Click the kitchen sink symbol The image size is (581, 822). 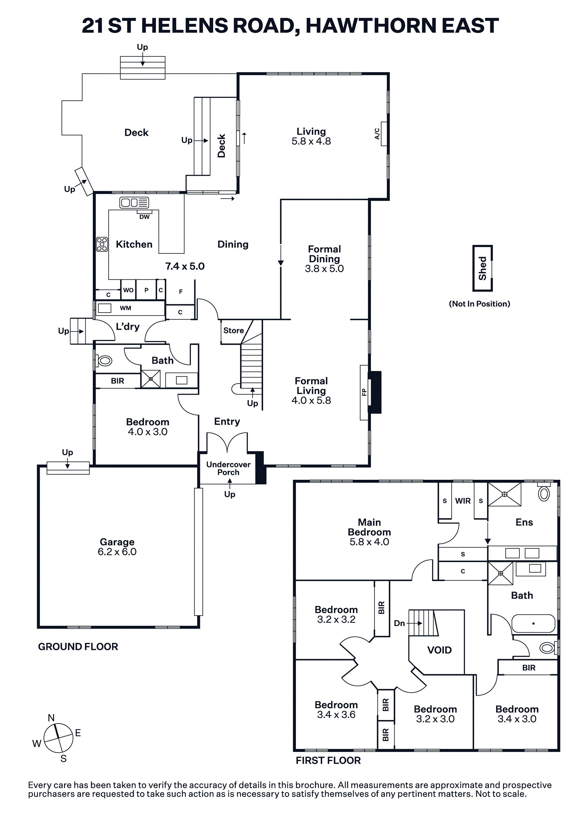click(x=134, y=203)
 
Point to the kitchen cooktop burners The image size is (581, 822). click(x=102, y=244)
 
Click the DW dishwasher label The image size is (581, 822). click(x=144, y=217)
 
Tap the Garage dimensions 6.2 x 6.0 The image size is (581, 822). click(x=117, y=552)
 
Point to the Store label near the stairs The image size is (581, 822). click(x=234, y=330)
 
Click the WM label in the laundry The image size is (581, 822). click(x=125, y=308)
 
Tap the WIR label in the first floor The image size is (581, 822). click(x=463, y=501)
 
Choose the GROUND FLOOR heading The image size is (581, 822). click(x=78, y=647)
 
